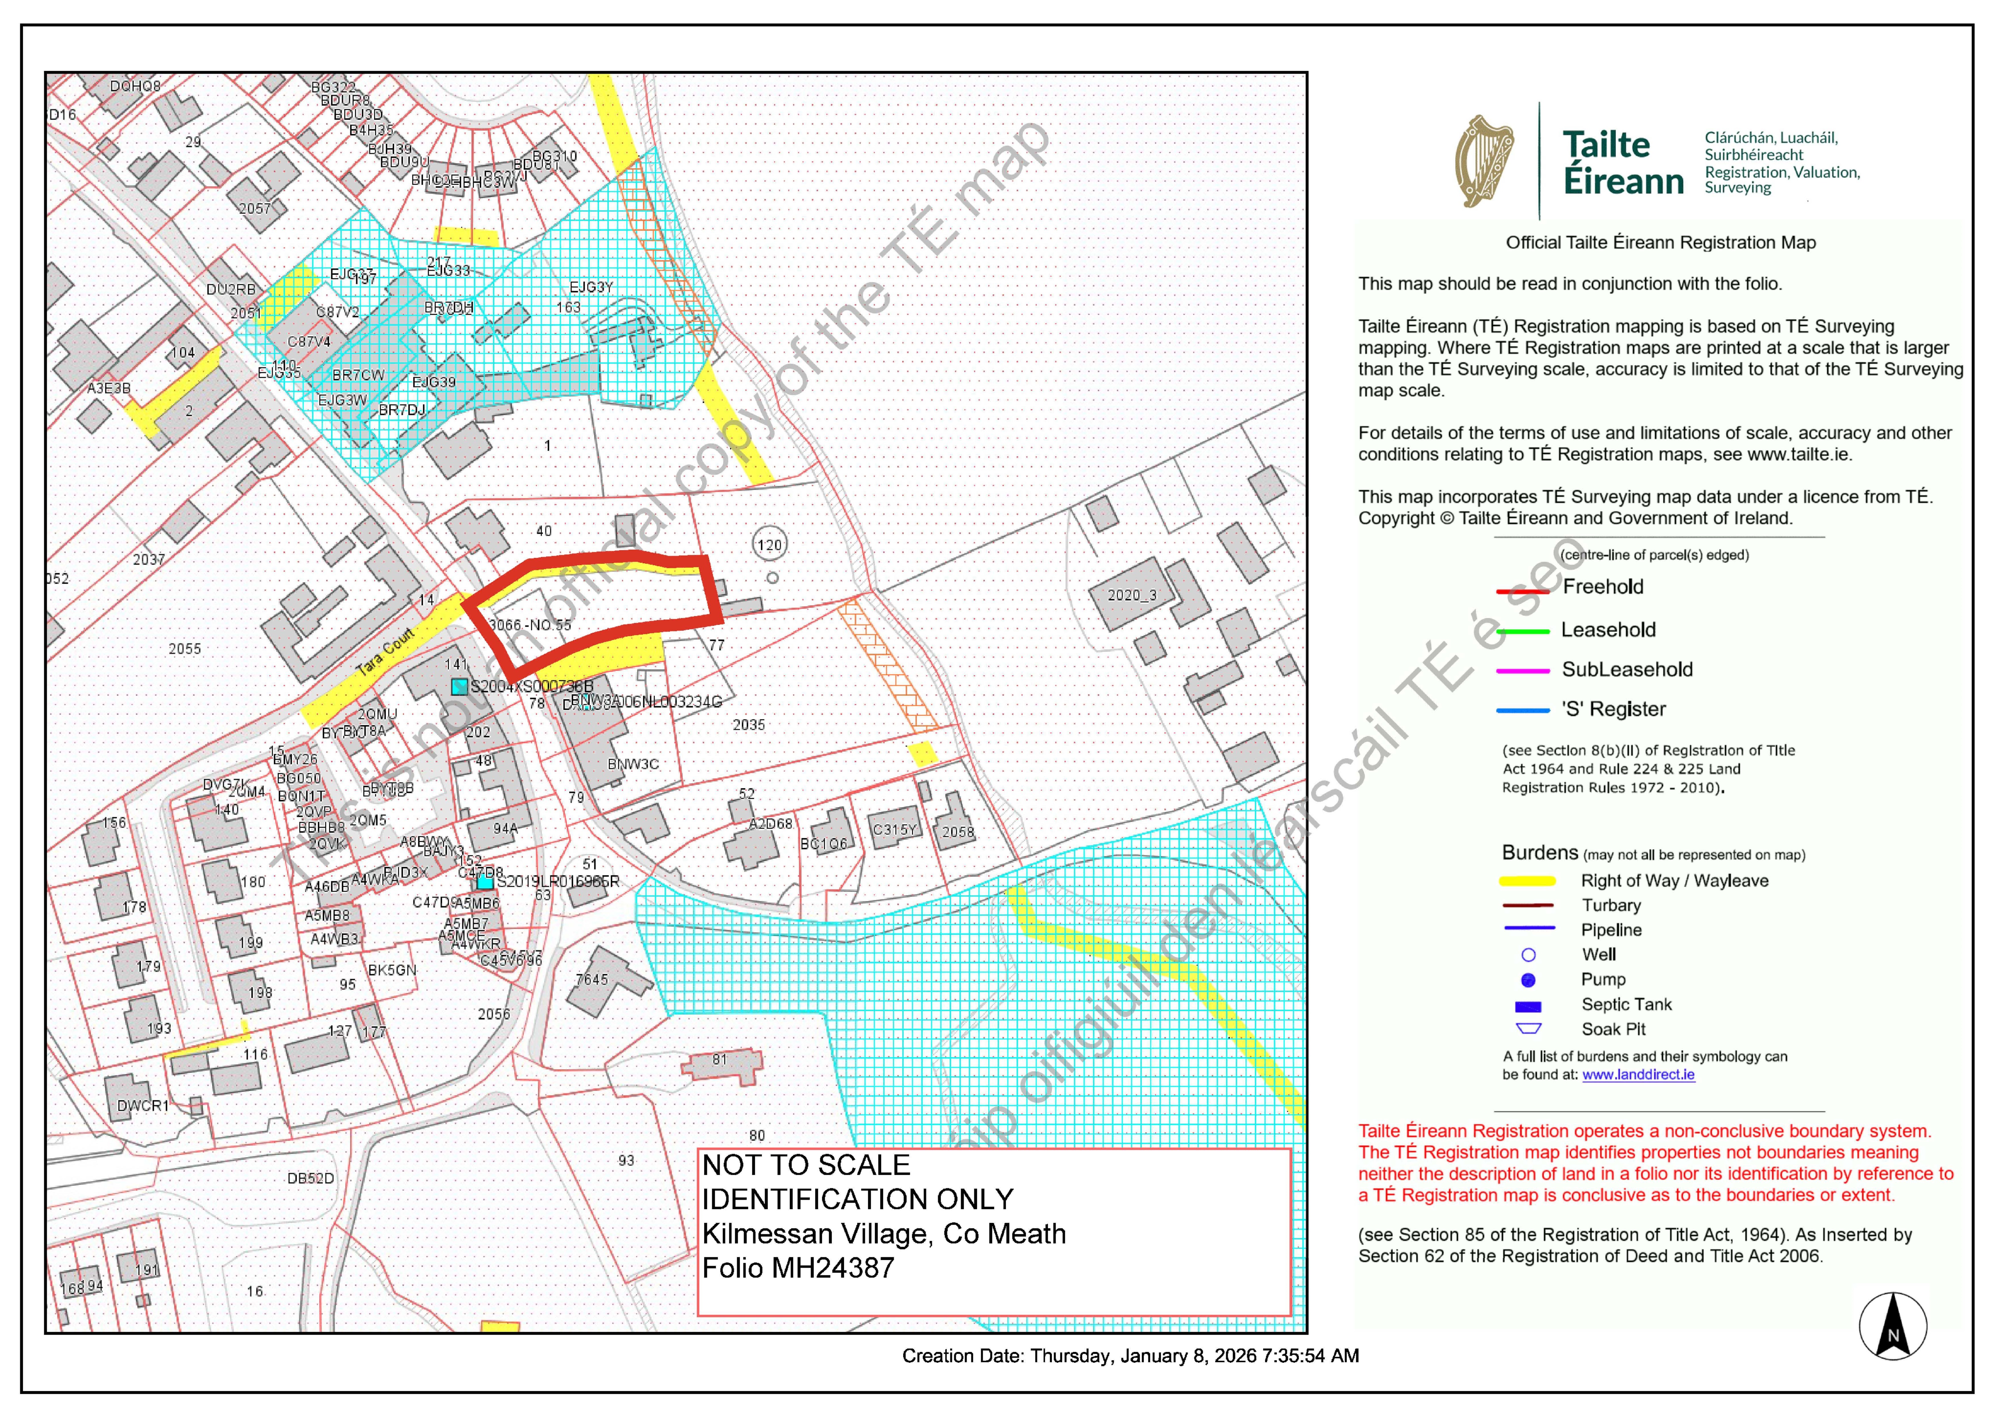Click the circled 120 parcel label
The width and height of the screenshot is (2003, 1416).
click(x=769, y=545)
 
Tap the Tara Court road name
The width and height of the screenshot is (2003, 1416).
click(x=386, y=652)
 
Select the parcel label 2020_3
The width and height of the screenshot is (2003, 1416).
click(x=1131, y=595)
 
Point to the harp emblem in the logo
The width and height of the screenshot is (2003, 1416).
click(x=1484, y=161)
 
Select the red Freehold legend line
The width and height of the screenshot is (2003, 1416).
click(x=1522, y=591)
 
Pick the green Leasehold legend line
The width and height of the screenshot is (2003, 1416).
click(x=1522, y=631)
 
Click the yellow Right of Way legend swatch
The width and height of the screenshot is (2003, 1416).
click(x=1527, y=881)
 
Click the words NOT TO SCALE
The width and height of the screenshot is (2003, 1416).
click(x=806, y=1166)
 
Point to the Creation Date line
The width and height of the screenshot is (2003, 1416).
click(x=1130, y=1356)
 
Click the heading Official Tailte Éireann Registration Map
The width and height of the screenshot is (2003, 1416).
click(x=1660, y=243)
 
